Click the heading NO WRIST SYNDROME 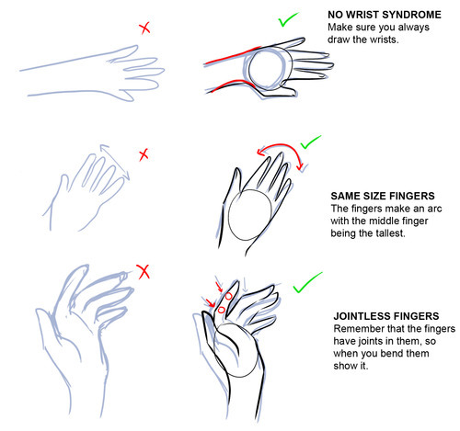385,15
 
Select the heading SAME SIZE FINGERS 383,196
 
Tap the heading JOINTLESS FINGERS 386,316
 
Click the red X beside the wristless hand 144,28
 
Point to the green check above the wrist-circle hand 288,19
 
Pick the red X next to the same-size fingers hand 144,155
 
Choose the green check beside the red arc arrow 310,142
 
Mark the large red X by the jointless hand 144,272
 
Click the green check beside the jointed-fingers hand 307,282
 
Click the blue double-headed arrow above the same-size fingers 114,162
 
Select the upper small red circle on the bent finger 228,296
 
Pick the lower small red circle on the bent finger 221,310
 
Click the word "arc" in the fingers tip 434,209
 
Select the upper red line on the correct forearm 233,56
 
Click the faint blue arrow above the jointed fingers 245,285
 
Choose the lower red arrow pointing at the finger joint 210,302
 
